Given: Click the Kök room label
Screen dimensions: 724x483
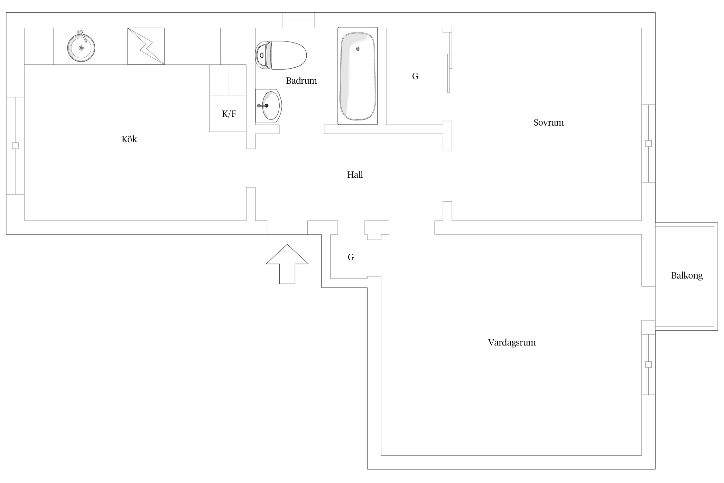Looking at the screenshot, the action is [x=129, y=139].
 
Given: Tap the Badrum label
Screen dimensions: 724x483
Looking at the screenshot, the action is [x=302, y=80].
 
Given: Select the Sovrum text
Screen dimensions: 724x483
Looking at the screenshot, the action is [x=549, y=123].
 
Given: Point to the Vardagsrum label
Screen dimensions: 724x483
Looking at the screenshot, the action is [x=512, y=343].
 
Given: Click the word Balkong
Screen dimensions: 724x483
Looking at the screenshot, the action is [x=687, y=276].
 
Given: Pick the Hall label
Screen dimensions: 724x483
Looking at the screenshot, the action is [x=355, y=175].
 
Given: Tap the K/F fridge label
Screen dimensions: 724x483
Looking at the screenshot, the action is [x=229, y=114].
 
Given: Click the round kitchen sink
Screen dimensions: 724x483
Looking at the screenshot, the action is [x=81, y=48].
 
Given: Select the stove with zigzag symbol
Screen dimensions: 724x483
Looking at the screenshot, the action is [x=146, y=46].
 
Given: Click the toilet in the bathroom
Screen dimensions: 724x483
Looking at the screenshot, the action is [x=281, y=55].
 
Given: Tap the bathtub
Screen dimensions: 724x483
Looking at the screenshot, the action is [x=358, y=76].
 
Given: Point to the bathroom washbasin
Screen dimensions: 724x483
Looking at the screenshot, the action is [x=268, y=106].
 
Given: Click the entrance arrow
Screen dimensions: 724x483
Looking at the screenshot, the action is [x=287, y=264].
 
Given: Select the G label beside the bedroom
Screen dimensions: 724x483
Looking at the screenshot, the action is [x=415, y=76].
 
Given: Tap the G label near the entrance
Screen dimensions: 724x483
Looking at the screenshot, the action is [x=351, y=257].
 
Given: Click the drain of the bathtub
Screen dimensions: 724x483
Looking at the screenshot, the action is [x=358, y=49].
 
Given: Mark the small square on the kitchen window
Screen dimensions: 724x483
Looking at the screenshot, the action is [x=15, y=146].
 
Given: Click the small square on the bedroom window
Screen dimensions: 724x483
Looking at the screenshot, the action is [x=648, y=144].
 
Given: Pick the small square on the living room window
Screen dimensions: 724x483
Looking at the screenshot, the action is [x=648, y=365].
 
